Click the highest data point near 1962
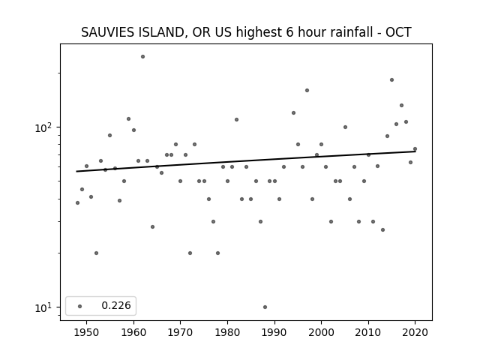coord(142,57)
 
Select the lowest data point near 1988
coord(265,307)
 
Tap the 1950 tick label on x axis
coord(87,332)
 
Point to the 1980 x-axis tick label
coord(227,332)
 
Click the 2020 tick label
coord(415,332)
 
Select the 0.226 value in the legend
coord(116,305)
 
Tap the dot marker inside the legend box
coord(80,306)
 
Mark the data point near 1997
coord(307,90)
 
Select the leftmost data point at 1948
coord(77,202)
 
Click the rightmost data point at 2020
coord(415,149)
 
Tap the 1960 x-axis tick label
coord(133,332)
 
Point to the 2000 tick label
coord(322,332)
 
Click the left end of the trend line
coord(76,172)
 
